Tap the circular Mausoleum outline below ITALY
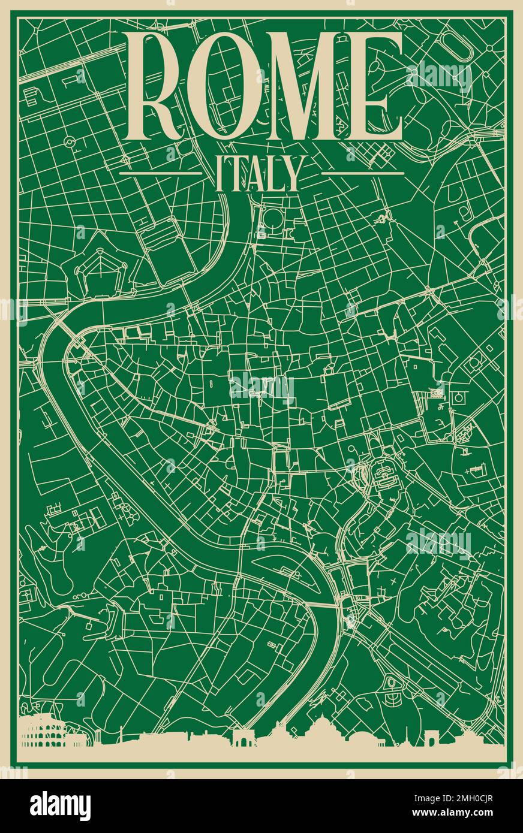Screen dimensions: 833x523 click(x=273, y=219)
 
